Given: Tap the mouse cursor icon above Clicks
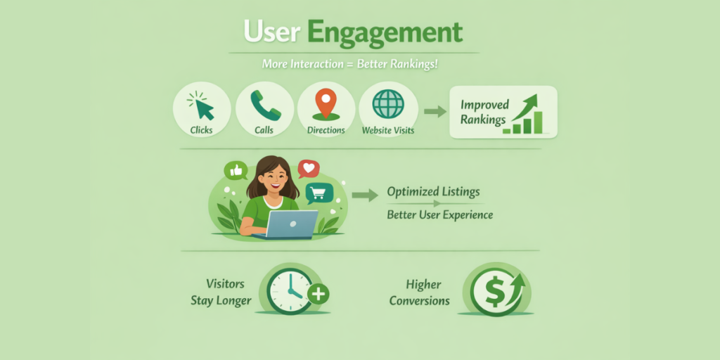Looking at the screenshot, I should click(x=202, y=106).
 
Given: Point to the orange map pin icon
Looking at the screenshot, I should click(x=326, y=103).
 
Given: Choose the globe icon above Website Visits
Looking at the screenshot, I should click(x=388, y=104).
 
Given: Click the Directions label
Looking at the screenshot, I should click(x=326, y=130).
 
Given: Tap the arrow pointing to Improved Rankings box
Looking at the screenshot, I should click(x=435, y=110).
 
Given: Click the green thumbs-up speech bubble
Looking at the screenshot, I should click(x=235, y=170).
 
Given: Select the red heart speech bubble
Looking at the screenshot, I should click(x=307, y=169).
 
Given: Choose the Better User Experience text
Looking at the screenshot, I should click(x=440, y=214).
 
